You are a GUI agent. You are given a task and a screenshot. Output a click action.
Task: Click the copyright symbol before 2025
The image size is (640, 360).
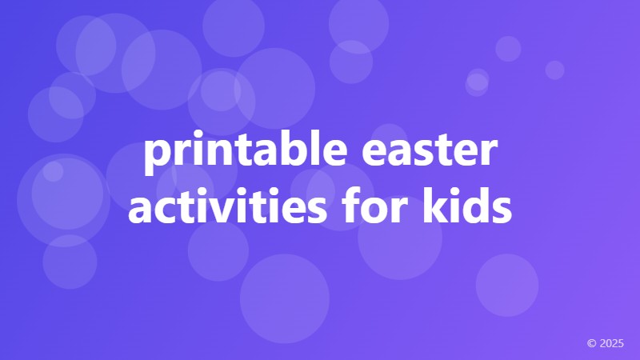(591, 343)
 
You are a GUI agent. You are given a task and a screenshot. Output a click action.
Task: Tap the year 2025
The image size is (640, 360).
(612, 343)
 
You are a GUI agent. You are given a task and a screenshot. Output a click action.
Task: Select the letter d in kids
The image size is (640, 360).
(477, 204)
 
